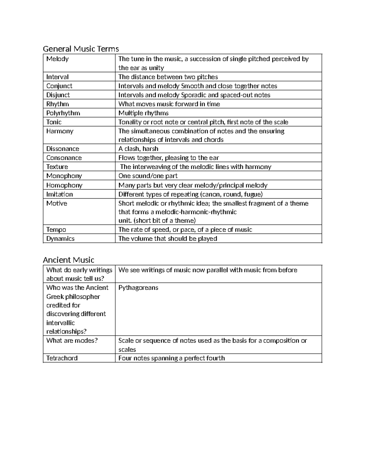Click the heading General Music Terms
[x=81, y=49]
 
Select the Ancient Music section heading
[x=68, y=260]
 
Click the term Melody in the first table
[x=57, y=59]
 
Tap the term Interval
[x=57, y=77]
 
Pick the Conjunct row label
[x=59, y=86]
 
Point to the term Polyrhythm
[x=63, y=113]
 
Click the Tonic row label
[x=54, y=122]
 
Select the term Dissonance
[x=63, y=149]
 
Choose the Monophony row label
[x=64, y=176]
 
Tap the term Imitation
[x=60, y=194]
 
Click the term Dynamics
[x=60, y=238]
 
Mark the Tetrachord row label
[x=62, y=358]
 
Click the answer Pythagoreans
[x=138, y=288]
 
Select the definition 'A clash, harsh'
[x=138, y=149]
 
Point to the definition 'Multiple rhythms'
[x=143, y=113]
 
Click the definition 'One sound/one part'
[x=148, y=176]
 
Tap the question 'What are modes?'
[x=72, y=341]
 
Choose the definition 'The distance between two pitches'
[x=168, y=77]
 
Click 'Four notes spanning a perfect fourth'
[x=172, y=358]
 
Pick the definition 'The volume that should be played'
[x=168, y=238]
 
